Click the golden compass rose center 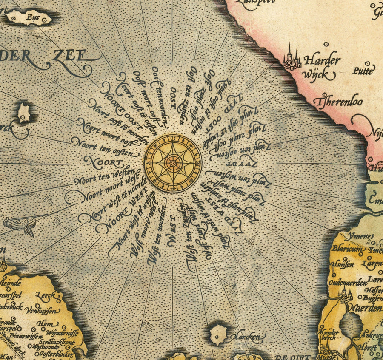[172, 163]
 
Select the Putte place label [363, 71]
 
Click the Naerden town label [365, 308]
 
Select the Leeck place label [45, 295]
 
